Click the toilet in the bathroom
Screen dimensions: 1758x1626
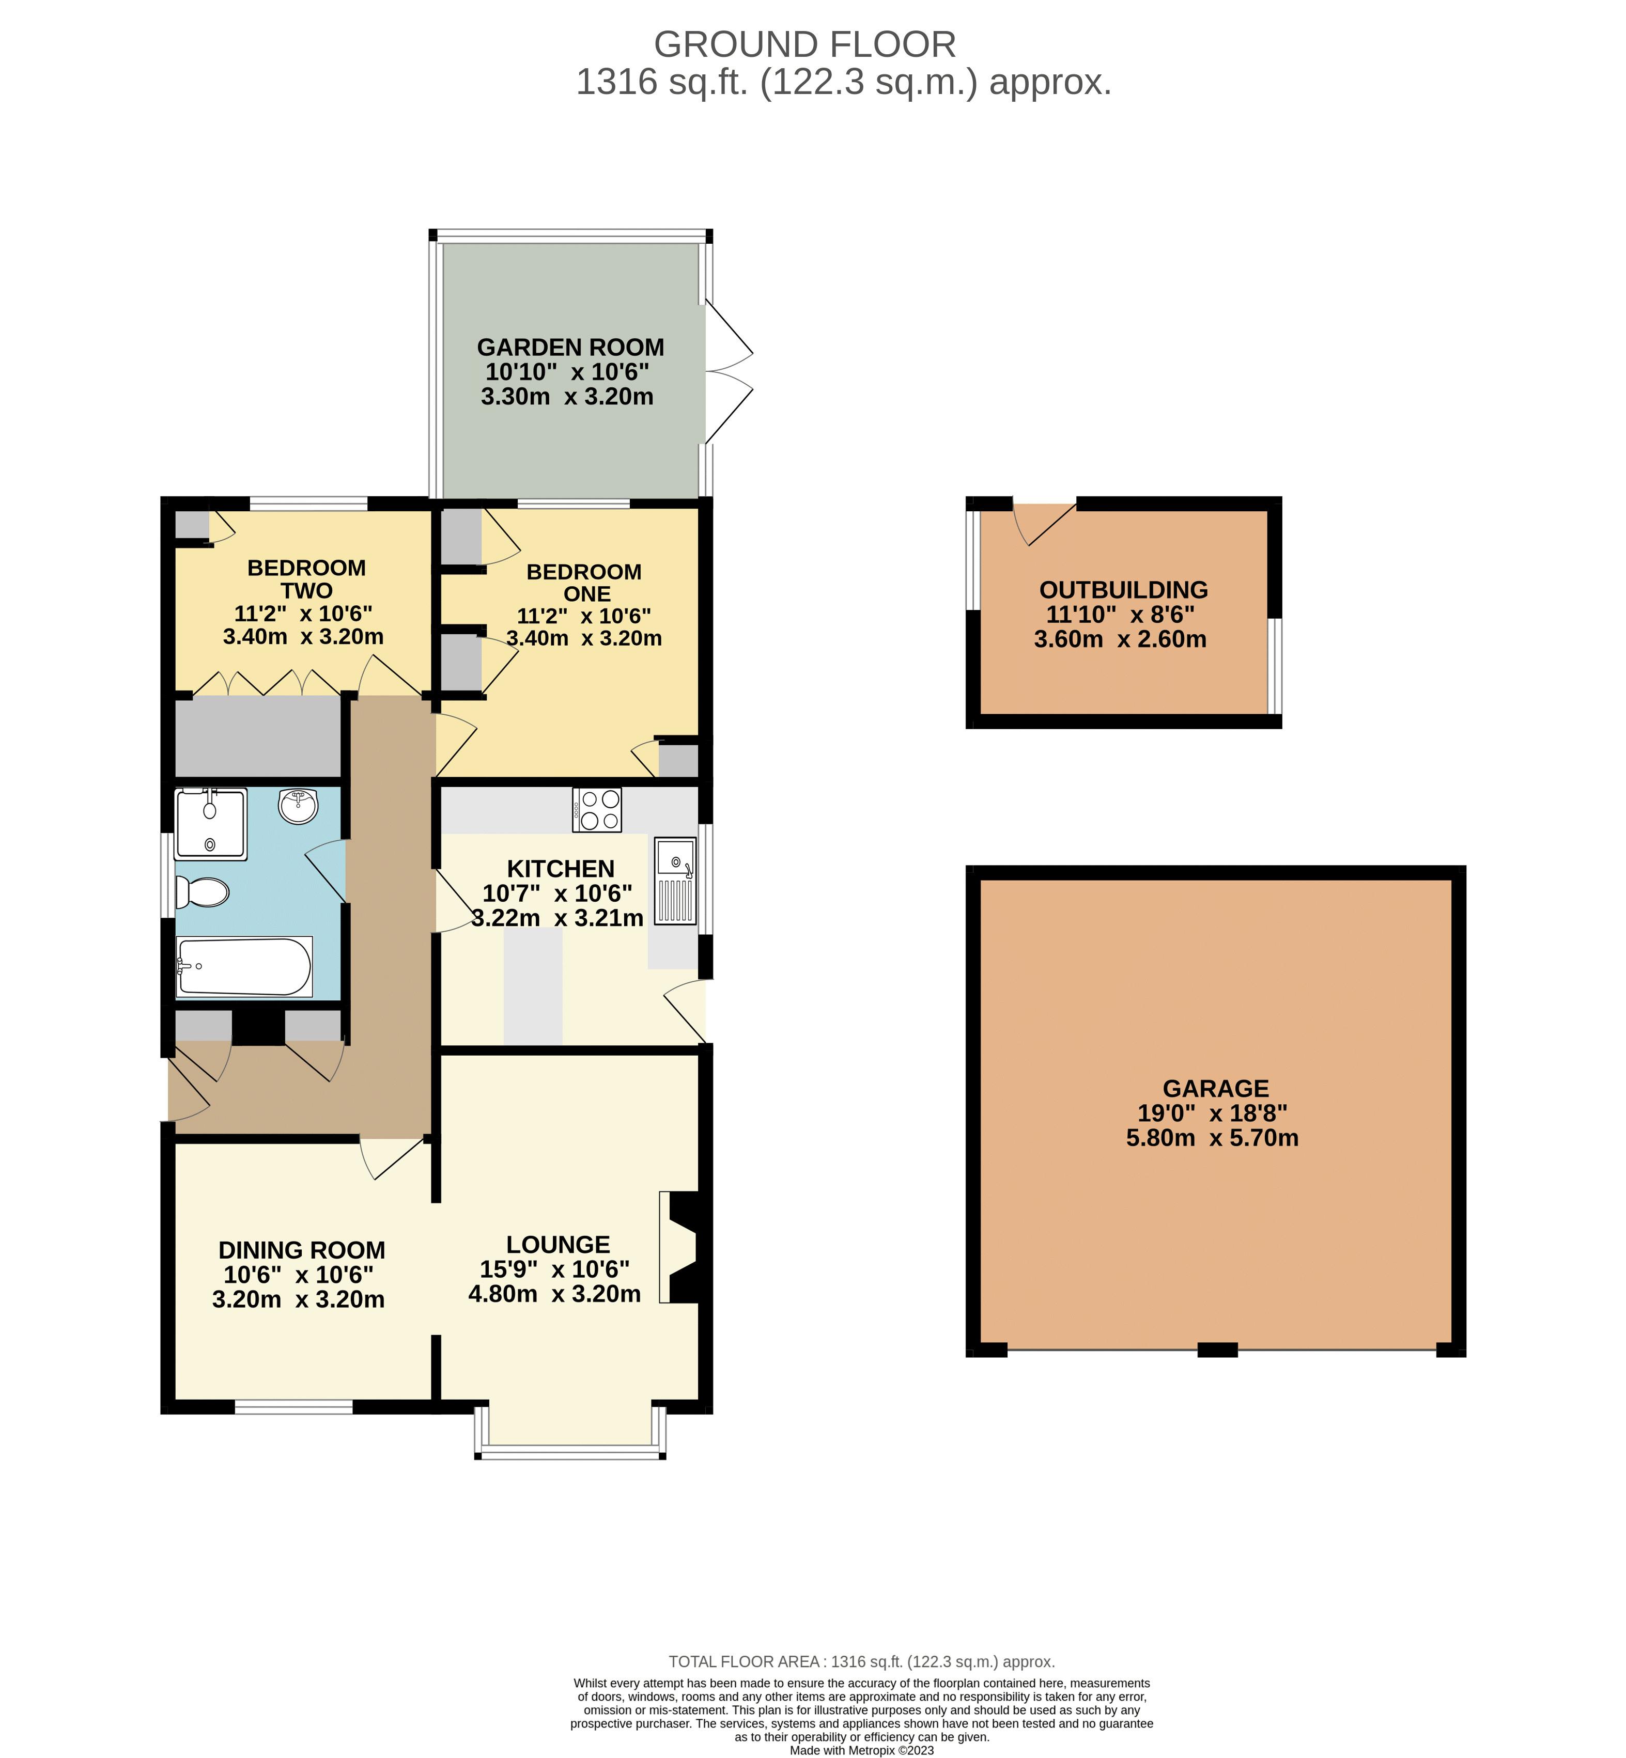[203, 892]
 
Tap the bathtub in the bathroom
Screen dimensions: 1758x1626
[244, 966]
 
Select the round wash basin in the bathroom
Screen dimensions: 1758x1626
[298, 806]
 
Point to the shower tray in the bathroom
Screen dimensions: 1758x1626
[211, 824]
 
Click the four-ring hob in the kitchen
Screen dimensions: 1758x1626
[597, 810]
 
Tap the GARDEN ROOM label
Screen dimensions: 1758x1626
[570, 348]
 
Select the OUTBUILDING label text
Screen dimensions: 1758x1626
[1124, 590]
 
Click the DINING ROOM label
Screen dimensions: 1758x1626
[302, 1250]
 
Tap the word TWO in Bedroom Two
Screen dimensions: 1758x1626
[306, 591]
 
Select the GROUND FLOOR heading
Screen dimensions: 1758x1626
[804, 44]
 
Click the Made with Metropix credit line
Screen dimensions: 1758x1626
[861, 1750]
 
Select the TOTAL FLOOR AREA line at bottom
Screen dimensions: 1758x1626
[861, 1661]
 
